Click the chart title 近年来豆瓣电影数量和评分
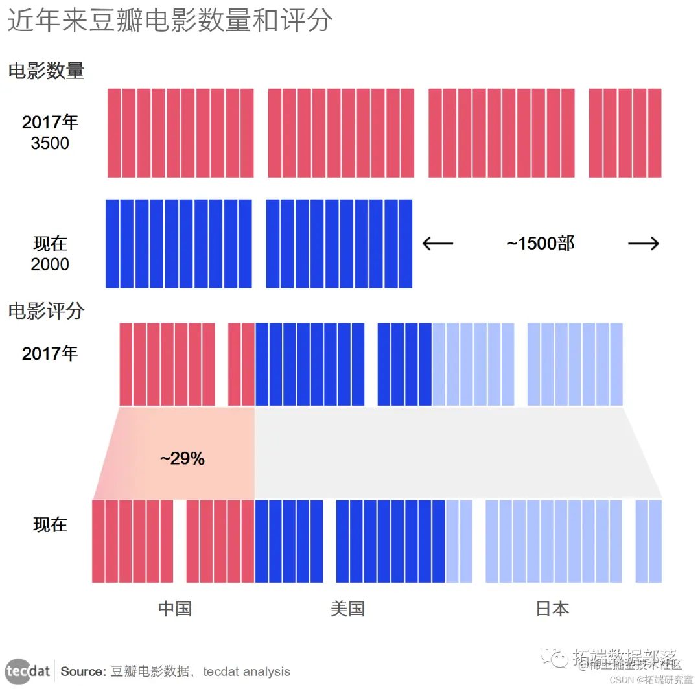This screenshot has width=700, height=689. point(170,21)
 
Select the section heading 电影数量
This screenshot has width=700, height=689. point(46,71)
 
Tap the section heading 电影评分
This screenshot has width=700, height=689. point(46,311)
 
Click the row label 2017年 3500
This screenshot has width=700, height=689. point(50,132)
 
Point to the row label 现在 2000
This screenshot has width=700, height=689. point(50,253)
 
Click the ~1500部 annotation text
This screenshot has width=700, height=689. point(541,243)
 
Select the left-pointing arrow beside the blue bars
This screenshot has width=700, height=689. point(437,244)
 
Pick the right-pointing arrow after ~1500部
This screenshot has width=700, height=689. point(644,244)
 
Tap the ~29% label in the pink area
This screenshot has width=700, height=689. point(182,459)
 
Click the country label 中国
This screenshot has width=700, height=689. point(175,609)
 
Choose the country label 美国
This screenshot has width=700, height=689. point(347,609)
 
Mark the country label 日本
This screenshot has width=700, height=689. point(552,609)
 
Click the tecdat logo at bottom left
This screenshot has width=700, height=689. point(27,671)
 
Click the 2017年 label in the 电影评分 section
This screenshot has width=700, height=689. point(50,354)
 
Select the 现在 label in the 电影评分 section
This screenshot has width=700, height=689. point(50,524)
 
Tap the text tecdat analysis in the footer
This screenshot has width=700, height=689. point(247,671)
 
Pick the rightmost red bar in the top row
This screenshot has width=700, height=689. point(655,133)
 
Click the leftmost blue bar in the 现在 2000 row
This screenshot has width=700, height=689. point(112,244)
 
